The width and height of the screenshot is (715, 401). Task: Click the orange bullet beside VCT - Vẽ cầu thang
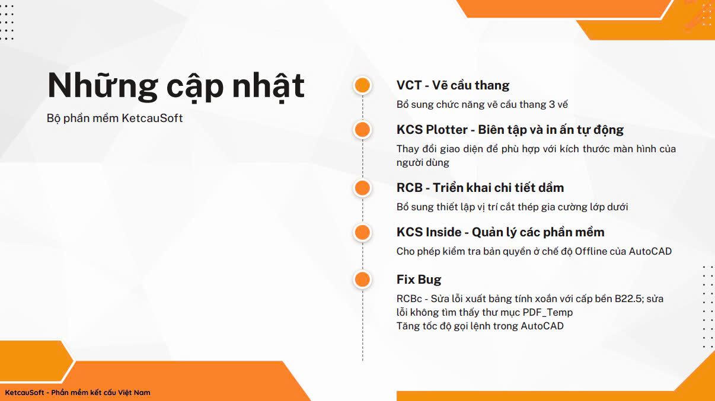click(x=362, y=85)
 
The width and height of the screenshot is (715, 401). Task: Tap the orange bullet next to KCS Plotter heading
click(x=362, y=130)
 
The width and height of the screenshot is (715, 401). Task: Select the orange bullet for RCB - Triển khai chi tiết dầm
click(x=362, y=188)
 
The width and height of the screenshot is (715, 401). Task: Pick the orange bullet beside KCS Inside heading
click(x=362, y=232)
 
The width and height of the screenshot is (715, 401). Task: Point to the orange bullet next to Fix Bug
click(x=362, y=280)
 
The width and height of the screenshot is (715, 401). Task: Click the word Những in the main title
click(x=103, y=85)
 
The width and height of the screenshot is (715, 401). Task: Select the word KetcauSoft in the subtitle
click(x=152, y=118)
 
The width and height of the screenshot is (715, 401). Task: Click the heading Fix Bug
click(x=419, y=280)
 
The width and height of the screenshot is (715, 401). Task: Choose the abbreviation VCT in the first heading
click(x=409, y=85)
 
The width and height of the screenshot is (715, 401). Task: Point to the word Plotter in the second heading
click(x=447, y=130)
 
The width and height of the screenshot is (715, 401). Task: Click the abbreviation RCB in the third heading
click(x=410, y=188)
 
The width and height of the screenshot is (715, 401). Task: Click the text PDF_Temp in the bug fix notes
click(x=548, y=312)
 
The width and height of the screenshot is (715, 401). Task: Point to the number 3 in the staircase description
click(x=552, y=105)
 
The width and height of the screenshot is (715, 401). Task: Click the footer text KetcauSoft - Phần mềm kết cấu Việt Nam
click(x=78, y=393)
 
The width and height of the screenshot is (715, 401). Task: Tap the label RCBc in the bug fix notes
click(x=409, y=299)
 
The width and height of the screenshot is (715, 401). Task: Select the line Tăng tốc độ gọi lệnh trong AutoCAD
click(x=480, y=326)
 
